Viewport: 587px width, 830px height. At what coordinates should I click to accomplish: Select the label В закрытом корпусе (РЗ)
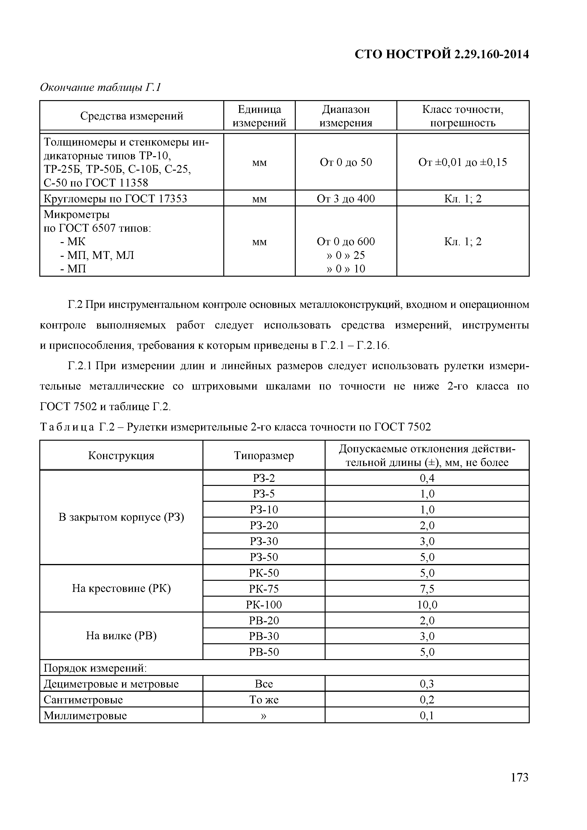pos(121,517)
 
